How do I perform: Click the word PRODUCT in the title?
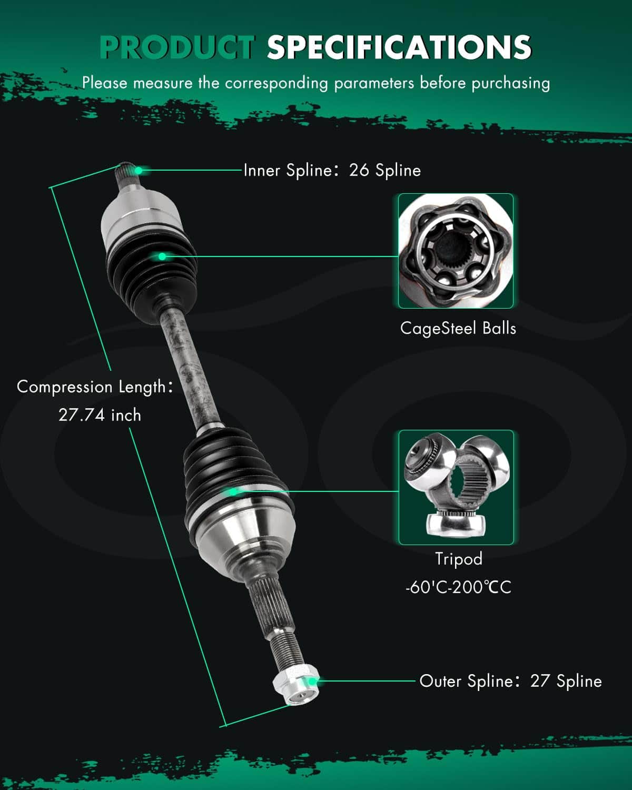tap(177, 47)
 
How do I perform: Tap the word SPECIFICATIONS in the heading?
tap(399, 47)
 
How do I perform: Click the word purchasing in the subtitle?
tap(510, 83)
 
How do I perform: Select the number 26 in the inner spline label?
tap(359, 170)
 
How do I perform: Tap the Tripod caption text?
tap(459, 559)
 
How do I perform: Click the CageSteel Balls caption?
tap(458, 328)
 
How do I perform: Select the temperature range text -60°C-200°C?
tap(458, 587)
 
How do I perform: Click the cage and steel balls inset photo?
tap(456, 251)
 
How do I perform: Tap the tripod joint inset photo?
tap(456, 487)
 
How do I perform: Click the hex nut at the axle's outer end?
tap(296, 684)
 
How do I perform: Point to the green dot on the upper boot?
tap(162, 256)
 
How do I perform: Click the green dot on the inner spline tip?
tap(139, 170)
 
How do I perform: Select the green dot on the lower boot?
tap(233, 492)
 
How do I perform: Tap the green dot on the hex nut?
tap(312, 682)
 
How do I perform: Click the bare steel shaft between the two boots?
tap(190, 367)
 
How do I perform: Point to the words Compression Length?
tap(91, 387)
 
